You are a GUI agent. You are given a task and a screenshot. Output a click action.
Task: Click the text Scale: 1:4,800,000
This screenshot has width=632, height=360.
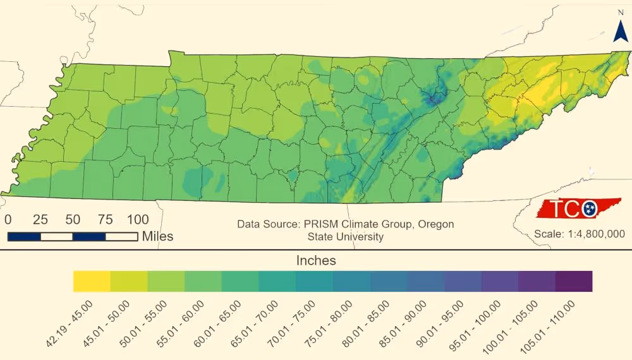580,234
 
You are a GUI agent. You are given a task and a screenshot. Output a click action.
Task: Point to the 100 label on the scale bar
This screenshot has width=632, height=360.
138,220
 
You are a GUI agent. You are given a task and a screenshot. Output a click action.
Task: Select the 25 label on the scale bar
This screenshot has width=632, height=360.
40,220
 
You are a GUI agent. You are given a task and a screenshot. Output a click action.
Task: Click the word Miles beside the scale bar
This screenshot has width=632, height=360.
157,236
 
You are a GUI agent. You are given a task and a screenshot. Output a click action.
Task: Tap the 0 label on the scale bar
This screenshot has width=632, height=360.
8,220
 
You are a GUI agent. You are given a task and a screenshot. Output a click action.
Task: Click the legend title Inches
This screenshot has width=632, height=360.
316,260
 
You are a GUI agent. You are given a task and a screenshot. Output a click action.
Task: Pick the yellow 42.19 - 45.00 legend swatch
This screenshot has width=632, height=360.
92,281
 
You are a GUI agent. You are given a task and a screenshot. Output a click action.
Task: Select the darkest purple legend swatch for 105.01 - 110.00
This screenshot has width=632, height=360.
574,281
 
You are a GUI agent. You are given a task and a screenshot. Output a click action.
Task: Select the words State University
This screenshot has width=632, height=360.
346,237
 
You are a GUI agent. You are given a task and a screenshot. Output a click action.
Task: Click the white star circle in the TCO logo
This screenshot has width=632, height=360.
590,207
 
